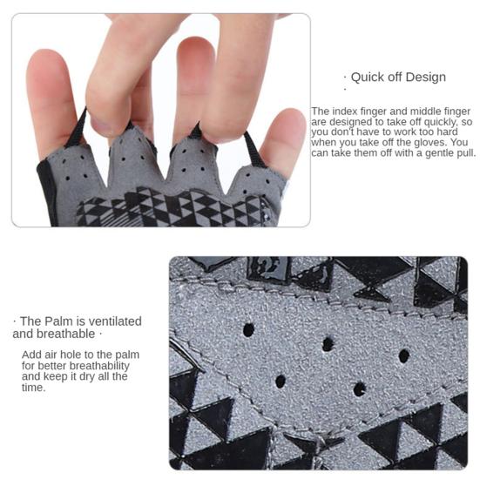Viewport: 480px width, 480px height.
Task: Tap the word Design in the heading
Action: click(424, 78)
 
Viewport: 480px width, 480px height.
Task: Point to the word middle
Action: click(426, 112)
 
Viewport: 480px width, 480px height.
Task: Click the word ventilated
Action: click(112, 321)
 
